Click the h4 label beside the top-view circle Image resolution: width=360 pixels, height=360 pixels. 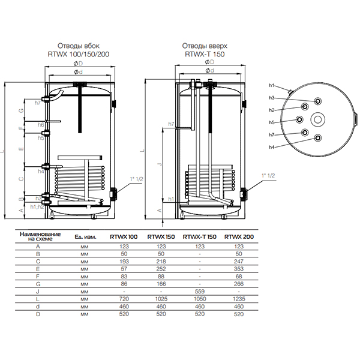click(271, 148)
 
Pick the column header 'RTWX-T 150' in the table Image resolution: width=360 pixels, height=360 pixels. click(199, 236)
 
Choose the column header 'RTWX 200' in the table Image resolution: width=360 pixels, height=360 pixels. click(238, 236)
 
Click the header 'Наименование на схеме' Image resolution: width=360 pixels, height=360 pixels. click(37, 236)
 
